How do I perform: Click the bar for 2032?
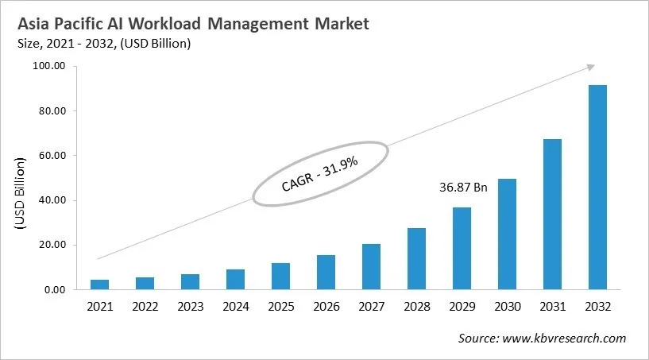tap(597, 188)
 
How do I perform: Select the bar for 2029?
tap(462, 249)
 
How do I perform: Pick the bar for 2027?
tap(371, 267)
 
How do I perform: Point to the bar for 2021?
tap(100, 285)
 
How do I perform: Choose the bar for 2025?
tap(280, 277)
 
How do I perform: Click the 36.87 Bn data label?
tap(463, 189)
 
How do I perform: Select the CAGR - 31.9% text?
tap(320, 176)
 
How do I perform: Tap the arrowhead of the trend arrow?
tap(591, 68)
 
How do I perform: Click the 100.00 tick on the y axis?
tap(49, 66)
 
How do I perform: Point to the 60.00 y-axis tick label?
tap(52, 156)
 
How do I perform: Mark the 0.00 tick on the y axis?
tap(54, 290)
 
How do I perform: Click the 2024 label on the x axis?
tap(235, 307)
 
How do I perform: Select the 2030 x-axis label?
tap(507, 307)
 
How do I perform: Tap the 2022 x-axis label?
tap(145, 307)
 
